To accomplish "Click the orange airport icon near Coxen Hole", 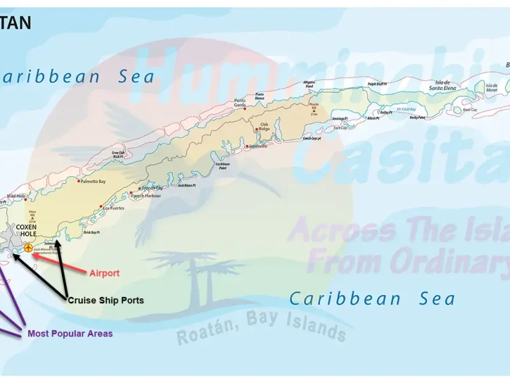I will tap(28, 248).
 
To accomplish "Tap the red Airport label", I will tap(104, 273).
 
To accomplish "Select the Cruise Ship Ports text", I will tap(106, 300).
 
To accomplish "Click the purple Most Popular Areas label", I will tap(70, 333).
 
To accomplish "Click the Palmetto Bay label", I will tap(92, 182).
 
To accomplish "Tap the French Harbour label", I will tap(146, 196).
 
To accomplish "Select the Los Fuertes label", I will tap(113, 208).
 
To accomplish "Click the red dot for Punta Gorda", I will tap(245, 109).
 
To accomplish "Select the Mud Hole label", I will tap(16, 196).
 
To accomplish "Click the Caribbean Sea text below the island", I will tap(372, 298).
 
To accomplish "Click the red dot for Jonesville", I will tap(247, 146).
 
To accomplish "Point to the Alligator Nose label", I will tap(309, 84).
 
